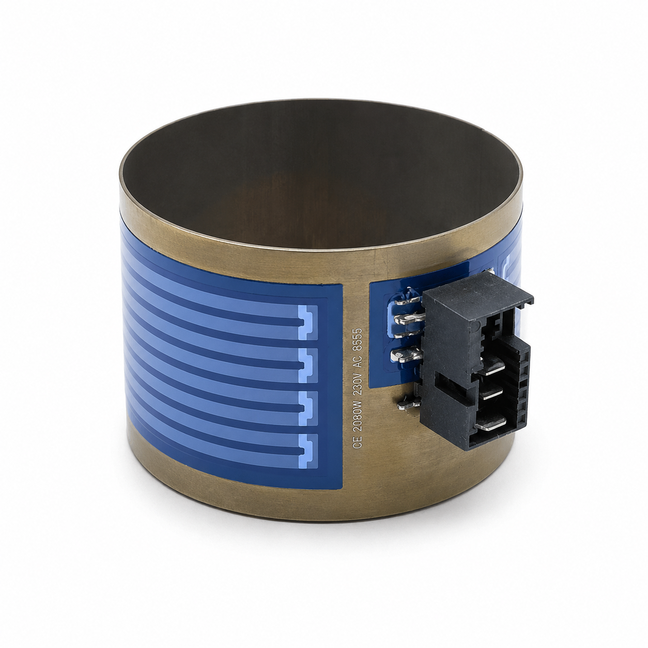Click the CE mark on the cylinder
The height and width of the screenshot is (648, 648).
point(357,442)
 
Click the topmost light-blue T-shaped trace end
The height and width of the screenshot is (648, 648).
point(307,322)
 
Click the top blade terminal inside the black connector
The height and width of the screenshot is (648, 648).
point(491,367)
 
